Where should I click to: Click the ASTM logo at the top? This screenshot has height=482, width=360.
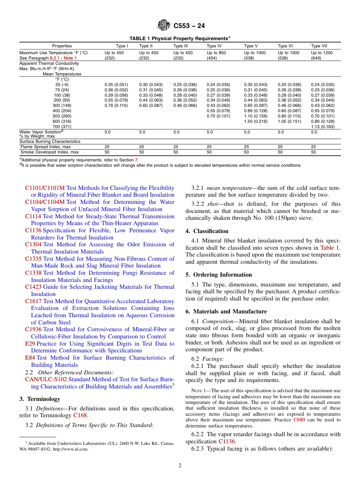coord(164,26)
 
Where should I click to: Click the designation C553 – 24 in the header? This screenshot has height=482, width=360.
coord(189,26)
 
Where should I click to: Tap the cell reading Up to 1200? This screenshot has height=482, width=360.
coord(322,53)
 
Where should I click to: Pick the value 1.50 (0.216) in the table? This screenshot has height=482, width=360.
coord(256,121)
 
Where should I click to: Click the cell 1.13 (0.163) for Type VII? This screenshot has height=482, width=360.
coord(322,127)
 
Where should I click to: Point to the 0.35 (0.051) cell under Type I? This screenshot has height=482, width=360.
coord(116,85)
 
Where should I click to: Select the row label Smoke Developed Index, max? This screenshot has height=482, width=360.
coord(50,152)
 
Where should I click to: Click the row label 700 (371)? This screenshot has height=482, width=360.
coord(62,127)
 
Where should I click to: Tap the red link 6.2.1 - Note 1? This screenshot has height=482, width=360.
coord(63,58)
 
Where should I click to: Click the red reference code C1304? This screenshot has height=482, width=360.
coord(33,244)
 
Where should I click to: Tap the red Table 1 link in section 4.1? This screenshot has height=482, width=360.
coord(330,248)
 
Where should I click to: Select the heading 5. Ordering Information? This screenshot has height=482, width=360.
coord(219,275)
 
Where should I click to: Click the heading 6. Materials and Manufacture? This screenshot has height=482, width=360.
coord(226,311)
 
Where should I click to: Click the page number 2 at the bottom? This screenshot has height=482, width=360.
coord(180,466)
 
